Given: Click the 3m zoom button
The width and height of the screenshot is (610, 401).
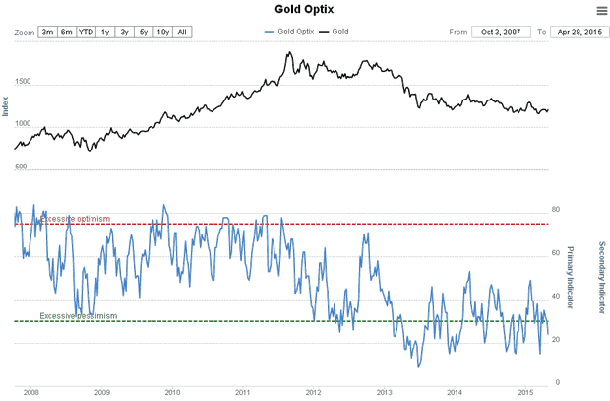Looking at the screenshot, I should [x=47, y=33].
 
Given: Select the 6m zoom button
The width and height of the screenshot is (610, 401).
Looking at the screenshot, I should [x=66, y=33].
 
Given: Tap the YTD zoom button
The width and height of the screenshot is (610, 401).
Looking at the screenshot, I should [x=86, y=33].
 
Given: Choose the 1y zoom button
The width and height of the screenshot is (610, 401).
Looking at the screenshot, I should [x=105, y=33].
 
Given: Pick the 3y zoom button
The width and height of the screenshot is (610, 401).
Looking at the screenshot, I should [x=124, y=33].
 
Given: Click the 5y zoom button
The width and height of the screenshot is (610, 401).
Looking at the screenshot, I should [x=143, y=33].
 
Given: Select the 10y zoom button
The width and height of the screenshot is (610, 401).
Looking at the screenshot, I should [x=162, y=33].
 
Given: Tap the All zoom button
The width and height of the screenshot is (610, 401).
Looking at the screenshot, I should [x=182, y=33].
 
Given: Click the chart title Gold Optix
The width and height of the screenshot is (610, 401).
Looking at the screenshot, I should [x=304, y=10].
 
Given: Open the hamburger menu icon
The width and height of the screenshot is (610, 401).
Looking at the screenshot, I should [x=601, y=11].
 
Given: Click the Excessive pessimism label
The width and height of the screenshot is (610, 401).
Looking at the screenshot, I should [x=79, y=316].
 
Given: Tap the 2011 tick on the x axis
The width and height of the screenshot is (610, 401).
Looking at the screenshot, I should [x=243, y=392].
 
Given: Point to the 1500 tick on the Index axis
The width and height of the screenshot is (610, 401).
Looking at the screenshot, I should [x=23, y=85].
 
